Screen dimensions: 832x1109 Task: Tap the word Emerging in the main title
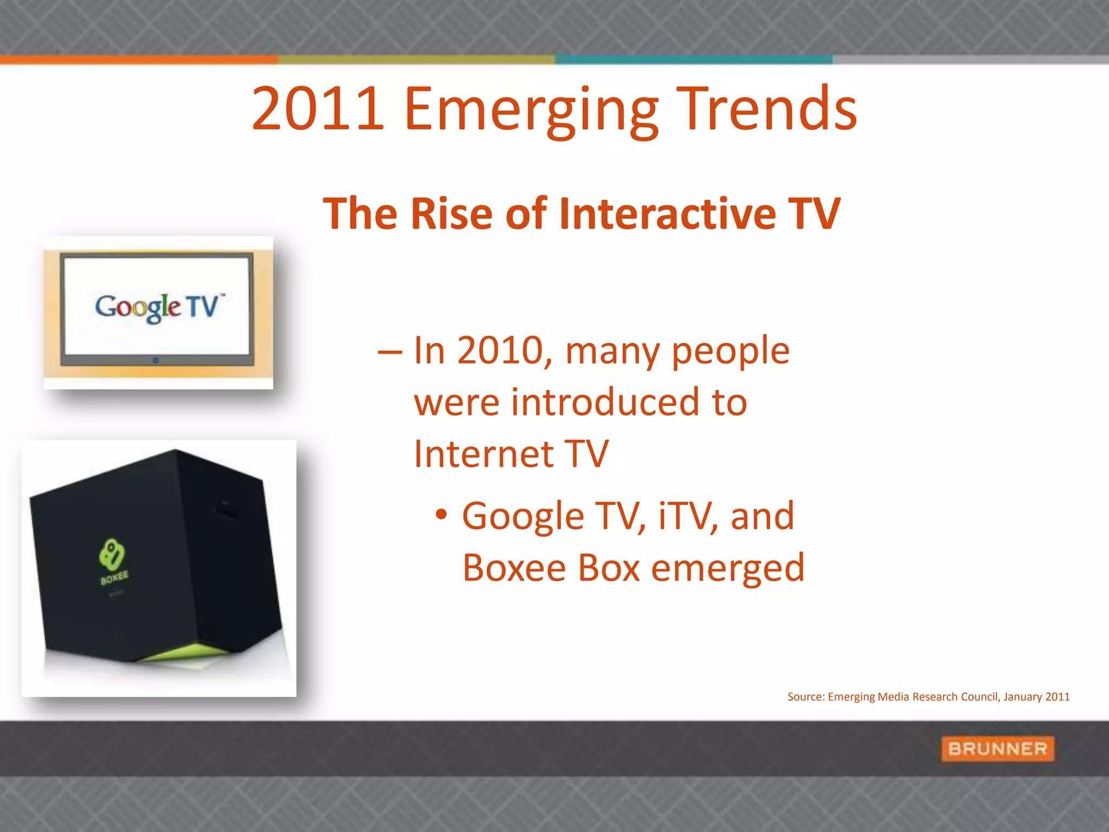(x=531, y=111)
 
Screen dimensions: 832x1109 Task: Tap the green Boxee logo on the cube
(x=113, y=558)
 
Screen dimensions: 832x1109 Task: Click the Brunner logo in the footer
(x=997, y=749)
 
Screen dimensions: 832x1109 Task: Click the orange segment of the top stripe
(x=139, y=60)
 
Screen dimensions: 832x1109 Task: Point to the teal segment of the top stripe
(x=693, y=60)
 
